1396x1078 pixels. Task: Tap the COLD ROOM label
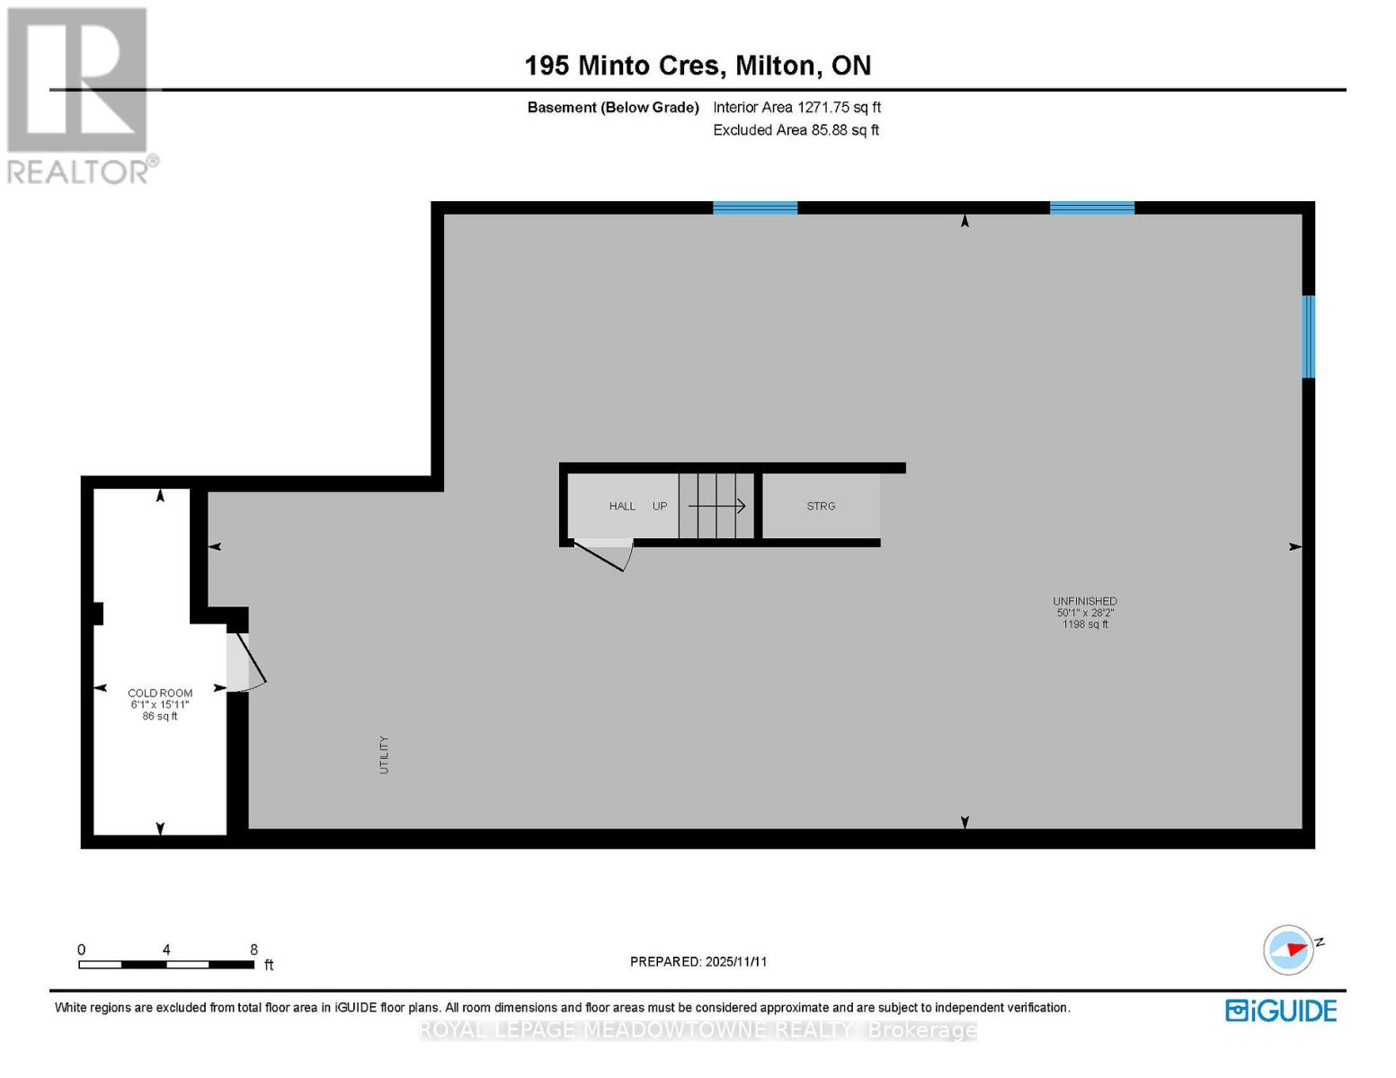[160, 693]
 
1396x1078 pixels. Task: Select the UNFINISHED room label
[1085, 601]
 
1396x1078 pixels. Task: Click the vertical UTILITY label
[384, 755]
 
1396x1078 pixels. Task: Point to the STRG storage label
[821, 507]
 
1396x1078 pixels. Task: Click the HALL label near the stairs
[622, 507]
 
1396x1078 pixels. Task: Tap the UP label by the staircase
[660, 507]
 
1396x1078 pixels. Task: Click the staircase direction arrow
[717, 507]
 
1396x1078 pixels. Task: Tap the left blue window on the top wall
[755, 208]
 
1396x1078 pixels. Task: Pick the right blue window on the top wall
[1092, 208]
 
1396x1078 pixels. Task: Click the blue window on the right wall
[1309, 337]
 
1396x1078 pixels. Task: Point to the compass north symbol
[1289, 950]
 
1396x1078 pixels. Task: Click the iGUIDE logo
[1281, 1011]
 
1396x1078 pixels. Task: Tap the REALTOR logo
[79, 94]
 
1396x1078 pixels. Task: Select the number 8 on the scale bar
[254, 950]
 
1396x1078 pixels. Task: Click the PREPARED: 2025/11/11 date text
[698, 961]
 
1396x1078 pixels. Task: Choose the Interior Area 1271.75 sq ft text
[796, 107]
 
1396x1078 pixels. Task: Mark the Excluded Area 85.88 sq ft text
[796, 130]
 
